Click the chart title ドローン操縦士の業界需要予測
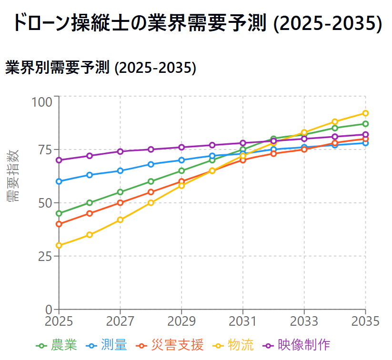(x=196, y=23)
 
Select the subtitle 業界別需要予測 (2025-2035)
(x=101, y=68)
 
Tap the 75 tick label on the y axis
(x=47, y=150)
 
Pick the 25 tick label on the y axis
(x=47, y=256)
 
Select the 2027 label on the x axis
(x=120, y=321)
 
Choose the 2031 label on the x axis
(x=243, y=321)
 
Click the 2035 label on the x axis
(x=365, y=321)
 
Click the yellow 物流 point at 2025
(x=59, y=246)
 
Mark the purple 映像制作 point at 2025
(x=59, y=160)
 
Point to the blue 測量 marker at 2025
(x=59, y=181)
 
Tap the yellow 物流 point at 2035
(x=365, y=113)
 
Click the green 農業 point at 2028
(x=151, y=181)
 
